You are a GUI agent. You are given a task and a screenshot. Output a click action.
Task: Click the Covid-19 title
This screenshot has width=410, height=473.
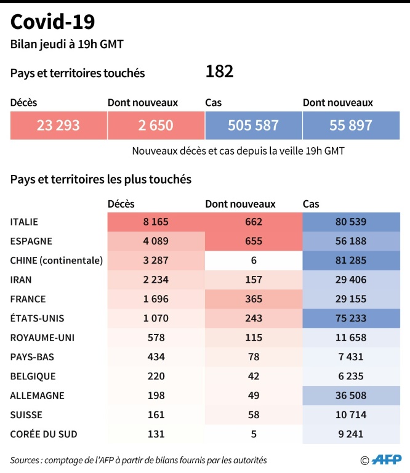[53, 22]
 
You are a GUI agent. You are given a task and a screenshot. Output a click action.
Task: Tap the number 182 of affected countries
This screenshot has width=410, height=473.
[219, 72]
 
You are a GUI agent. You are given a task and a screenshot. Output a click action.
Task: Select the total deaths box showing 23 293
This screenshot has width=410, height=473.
[58, 126]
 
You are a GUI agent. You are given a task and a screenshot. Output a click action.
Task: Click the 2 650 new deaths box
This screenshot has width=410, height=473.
[156, 126]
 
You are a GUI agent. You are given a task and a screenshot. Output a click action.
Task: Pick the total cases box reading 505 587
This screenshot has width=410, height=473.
[253, 126]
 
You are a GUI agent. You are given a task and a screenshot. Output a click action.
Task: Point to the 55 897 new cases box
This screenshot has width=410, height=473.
[351, 126]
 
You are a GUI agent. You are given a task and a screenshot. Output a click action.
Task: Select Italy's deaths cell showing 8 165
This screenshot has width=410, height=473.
[155, 222]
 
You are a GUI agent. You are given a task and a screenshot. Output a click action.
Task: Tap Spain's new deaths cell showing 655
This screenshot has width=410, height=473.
[253, 241]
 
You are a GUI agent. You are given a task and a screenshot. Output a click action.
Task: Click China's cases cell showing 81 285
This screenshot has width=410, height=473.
[351, 260]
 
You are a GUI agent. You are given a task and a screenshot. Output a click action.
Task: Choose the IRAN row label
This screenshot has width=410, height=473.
[21, 280]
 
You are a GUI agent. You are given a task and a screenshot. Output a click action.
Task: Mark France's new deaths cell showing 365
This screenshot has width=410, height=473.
[253, 299]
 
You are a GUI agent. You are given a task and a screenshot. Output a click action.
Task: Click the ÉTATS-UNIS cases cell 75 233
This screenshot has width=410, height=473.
[351, 318]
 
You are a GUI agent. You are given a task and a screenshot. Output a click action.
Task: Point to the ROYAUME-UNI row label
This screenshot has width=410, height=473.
[38, 338]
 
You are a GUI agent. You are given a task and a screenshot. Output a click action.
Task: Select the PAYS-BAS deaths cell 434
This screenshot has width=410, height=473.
[155, 357]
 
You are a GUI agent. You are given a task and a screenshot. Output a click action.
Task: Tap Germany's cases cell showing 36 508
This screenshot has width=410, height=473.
[351, 395]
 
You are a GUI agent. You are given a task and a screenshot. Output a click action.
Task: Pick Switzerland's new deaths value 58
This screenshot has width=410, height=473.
[253, 414]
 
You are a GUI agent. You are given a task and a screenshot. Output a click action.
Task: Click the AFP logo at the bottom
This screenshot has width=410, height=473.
[384, 459]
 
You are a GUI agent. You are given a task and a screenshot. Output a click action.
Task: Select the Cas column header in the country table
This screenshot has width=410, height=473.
[311, 204]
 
